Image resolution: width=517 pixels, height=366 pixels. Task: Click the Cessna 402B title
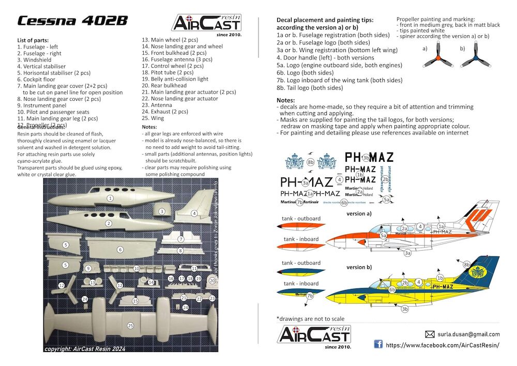click(x=72, y=21)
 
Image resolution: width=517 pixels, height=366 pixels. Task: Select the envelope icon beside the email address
click(x=430, y=334)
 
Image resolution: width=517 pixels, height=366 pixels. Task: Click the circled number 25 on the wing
click(x=130, y=325)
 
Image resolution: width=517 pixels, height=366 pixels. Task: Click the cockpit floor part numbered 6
click(x=120, y=249)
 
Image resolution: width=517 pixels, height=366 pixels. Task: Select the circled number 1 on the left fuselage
click(x=110, y=198)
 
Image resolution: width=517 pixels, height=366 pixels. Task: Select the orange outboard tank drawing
click(x=301, y=226)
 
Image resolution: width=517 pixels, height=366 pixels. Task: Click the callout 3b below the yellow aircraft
click(x=405, y=309)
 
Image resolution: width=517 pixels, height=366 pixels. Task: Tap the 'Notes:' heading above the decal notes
click(x=286, y=100)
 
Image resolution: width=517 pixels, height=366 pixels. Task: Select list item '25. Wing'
click(x=154, y=118)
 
